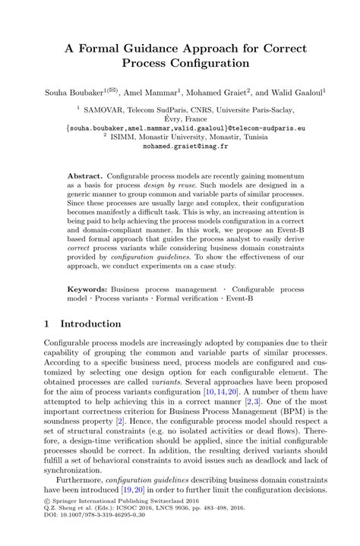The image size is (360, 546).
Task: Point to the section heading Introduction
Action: pos(90,323)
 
